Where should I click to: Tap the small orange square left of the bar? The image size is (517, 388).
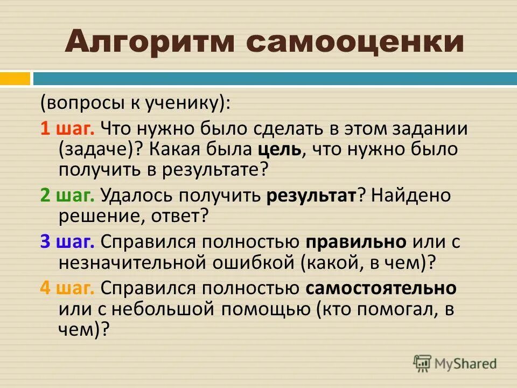point(15,79)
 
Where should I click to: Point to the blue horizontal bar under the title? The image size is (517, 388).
point(275,79)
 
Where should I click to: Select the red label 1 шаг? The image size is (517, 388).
point(67,129)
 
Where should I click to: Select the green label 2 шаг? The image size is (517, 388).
point(67,195)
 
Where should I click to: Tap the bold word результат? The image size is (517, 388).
point(311,195)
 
